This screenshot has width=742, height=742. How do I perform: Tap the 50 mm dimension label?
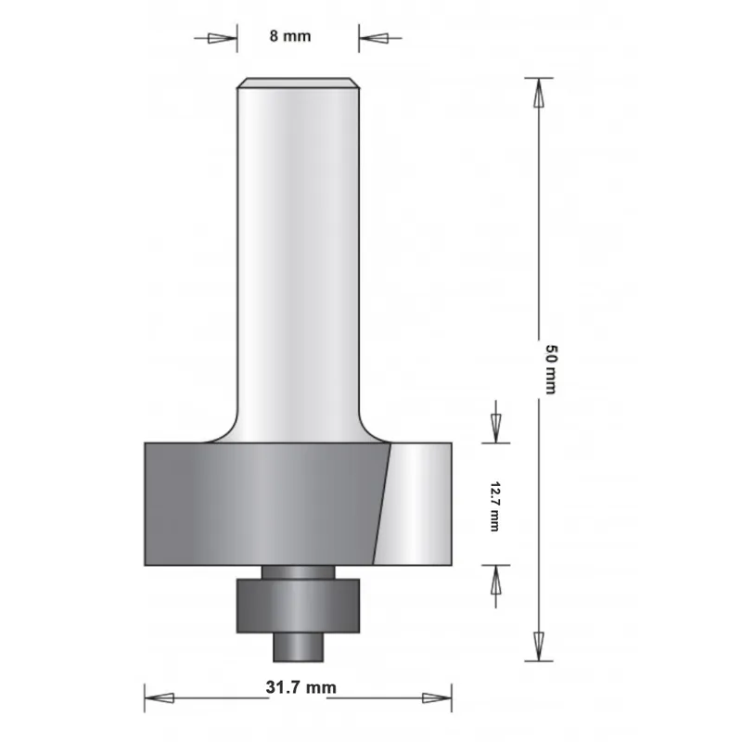pos(549,369)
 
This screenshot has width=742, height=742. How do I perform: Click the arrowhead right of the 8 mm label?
pos(374,38)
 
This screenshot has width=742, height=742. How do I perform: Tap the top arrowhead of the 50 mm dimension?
pos(537,93)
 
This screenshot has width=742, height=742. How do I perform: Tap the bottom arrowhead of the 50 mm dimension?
pos(537,644)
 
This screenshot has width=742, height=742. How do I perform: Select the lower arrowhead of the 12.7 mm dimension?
pos(495,582)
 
